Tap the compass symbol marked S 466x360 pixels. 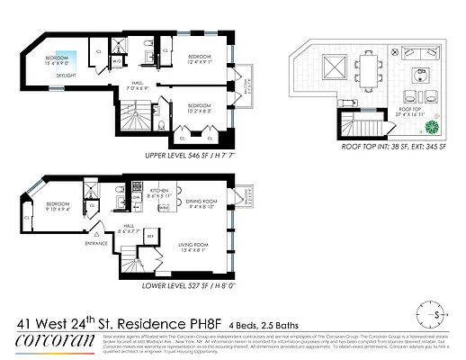click(437, 316)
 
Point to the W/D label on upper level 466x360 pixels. click(117, 61)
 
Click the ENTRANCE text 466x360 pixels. click(95, 243)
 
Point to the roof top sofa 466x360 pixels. click(422, 74)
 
